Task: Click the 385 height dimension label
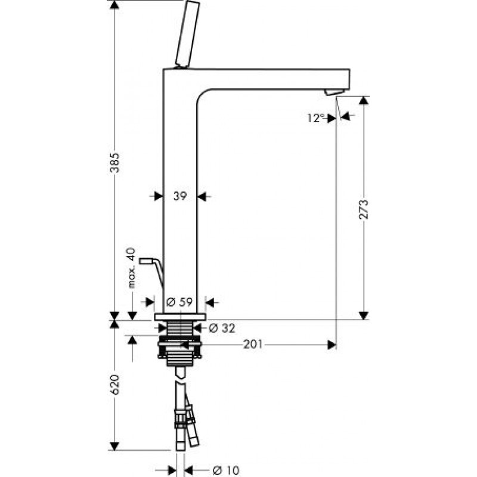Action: tap(114, 162)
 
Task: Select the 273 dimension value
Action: tap(363, 209)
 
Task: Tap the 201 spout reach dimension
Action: tap(253, 345)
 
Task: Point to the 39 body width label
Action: tap(180, 196)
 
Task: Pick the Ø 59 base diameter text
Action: tap(179, 302)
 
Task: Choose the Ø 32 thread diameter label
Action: tap(222, 328)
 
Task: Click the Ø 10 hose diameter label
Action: tap(227, 470)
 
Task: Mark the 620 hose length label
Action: tap(114, 385)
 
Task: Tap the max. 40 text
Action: tap(131, 268)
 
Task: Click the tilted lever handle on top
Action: tap(187, 35)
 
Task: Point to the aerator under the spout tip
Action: tap(334, 92)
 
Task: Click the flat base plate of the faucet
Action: tap(180, 317)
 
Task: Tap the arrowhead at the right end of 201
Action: tap(332, 345)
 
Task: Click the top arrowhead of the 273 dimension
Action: tap(364, 101)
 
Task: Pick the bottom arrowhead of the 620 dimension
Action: tap(114, 446)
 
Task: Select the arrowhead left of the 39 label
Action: tap(159, 196)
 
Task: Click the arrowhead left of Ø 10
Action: tap(172, 470)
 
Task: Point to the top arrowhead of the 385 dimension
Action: tap(114, 5)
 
